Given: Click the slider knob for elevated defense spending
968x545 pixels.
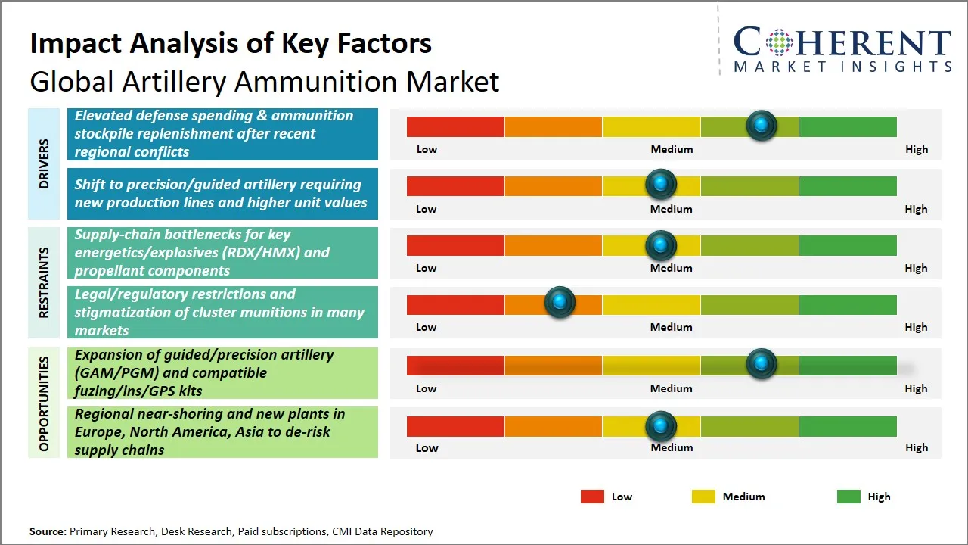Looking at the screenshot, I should coord(762,125).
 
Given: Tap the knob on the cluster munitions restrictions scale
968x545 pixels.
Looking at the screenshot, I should coord(560,303).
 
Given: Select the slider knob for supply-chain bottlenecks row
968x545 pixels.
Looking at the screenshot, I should coord(661,244).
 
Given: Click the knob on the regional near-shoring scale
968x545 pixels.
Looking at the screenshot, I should coord(661,425).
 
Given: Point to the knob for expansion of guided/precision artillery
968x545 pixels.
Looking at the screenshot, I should coord(762,363).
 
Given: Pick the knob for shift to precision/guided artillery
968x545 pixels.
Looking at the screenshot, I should coord(661,183).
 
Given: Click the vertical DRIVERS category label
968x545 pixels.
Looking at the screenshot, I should coord(44,163).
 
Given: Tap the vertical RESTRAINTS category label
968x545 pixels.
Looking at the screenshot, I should coord(44,282).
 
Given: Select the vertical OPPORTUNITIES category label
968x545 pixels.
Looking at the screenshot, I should coord(44,403).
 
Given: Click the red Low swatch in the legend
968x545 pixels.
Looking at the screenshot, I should coord(592,497).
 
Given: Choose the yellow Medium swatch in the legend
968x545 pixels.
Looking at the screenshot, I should coord(703,497).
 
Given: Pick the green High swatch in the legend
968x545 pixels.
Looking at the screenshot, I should coord(849,497).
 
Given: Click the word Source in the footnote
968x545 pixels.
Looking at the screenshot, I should coord(48,531).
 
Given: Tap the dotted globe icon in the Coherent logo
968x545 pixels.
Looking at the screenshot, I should coord(778,42).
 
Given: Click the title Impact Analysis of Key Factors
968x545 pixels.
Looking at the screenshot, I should coord(231,43).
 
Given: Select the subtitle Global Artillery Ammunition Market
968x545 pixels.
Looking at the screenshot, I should coord(264,82).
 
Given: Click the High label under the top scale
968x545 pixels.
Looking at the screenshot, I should coord(916,149).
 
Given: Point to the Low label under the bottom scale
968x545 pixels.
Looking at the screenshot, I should coord(427,447).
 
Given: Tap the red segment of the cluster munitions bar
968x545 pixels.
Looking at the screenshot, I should coord(455,304).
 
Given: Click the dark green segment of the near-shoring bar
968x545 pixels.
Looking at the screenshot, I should coord(847,426).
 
